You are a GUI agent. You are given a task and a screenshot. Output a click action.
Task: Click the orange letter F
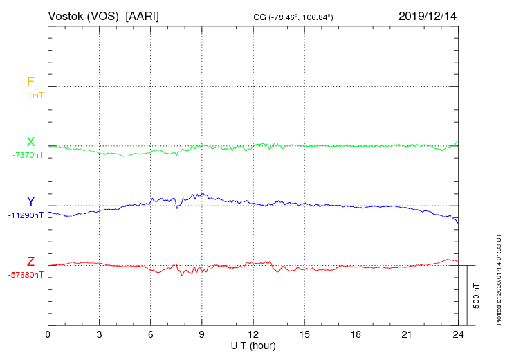30,82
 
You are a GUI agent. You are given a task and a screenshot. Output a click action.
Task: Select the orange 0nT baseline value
36,96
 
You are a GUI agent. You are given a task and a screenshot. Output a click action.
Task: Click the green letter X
30,142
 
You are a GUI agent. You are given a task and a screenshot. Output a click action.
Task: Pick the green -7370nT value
28,155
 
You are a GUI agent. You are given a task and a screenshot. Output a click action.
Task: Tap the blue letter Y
30,201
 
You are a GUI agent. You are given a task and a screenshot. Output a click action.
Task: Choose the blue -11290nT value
26,215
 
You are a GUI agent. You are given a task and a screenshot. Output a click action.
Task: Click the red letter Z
30,262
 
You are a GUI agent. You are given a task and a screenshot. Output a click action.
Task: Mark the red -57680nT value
26,275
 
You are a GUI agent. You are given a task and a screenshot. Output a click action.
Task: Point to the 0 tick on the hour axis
48,335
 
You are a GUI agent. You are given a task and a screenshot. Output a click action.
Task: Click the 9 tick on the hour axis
201,335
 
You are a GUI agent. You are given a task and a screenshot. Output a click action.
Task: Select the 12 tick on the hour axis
252,335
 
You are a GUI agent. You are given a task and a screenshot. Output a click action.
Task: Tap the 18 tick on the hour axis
355,335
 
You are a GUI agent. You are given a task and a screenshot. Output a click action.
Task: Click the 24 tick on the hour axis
457,335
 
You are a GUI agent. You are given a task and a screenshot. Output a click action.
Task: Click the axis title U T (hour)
252,345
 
